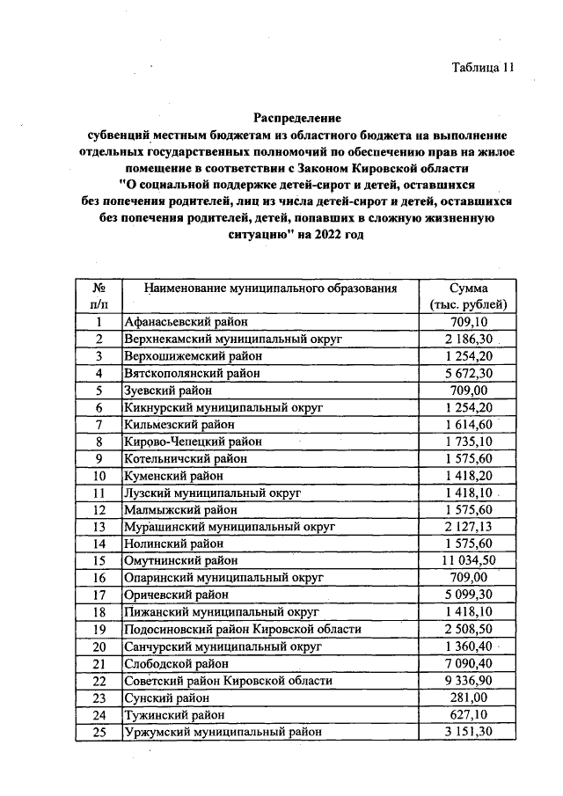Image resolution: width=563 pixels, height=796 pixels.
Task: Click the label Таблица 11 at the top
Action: point(482,68)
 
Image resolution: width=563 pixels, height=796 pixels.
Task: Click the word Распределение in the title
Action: point(296,117)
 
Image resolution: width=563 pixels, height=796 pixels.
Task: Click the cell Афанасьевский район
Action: point(186,322)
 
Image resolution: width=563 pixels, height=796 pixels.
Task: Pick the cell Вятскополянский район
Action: point(191,373)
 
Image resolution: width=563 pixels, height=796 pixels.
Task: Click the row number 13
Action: point(99,526)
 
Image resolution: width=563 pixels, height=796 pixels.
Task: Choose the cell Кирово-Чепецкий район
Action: point(193,441)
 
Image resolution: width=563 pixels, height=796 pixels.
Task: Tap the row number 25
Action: point(99,731)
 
